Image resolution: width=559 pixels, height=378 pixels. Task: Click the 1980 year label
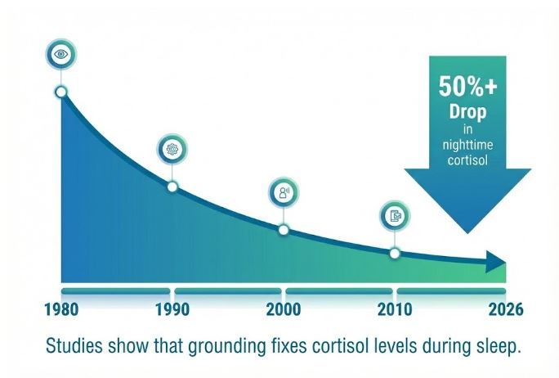[x=62, y=311]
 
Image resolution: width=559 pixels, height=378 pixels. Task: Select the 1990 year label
[x=172, y=311]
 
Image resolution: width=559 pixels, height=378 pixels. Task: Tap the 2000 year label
[x=284, y=311]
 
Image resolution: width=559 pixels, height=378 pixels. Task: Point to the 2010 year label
[x=395, y=311]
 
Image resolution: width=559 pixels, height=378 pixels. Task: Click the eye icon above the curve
[x=60, y=54]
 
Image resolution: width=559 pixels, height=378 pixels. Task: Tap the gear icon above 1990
[x=172, y=149]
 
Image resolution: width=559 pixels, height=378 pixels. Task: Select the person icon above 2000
[x=284, y=193]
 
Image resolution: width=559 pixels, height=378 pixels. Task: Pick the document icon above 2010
[x=395, y=216]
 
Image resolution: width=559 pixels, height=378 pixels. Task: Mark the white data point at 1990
[x=172, y=187]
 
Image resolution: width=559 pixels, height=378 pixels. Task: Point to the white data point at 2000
[x=284, y=230]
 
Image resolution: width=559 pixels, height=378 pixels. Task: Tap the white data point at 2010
[x=395, y=254]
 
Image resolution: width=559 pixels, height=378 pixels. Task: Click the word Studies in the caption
[x=75, y=347]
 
